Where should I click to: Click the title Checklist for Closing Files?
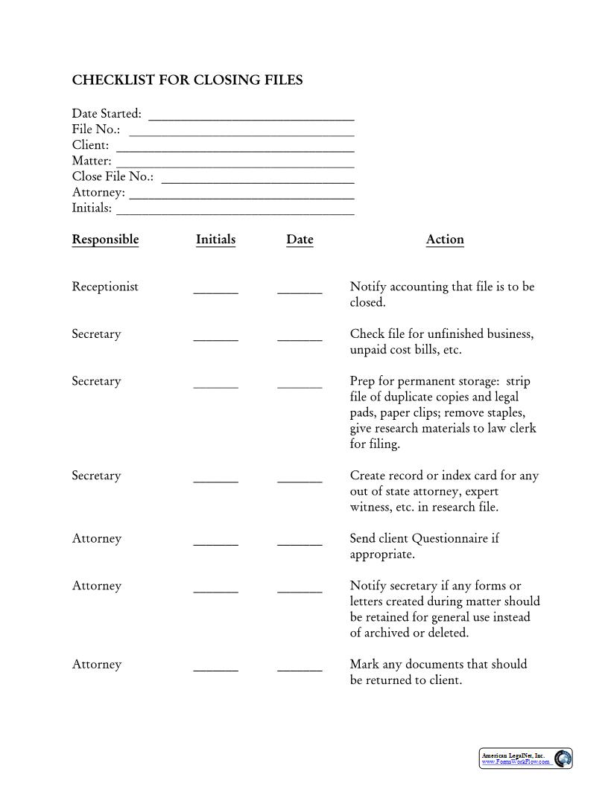pos(187,80)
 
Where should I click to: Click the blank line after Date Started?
pos(251,115)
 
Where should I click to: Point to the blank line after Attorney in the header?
pos(241,194)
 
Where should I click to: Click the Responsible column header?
pos(105,240)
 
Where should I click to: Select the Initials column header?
pos(215,240)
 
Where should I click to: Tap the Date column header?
pos(300,240)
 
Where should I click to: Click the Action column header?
pos(445,240)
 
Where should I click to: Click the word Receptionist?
pos(105,287)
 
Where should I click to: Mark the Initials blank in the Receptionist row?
pos(215,291)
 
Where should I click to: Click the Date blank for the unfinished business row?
pos(300,338)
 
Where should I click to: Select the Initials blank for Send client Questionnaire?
pos(215,543)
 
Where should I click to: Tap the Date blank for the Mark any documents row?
pos(300,668)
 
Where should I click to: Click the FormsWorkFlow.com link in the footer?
pos(516,762)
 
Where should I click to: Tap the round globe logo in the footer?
pos(563,758)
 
